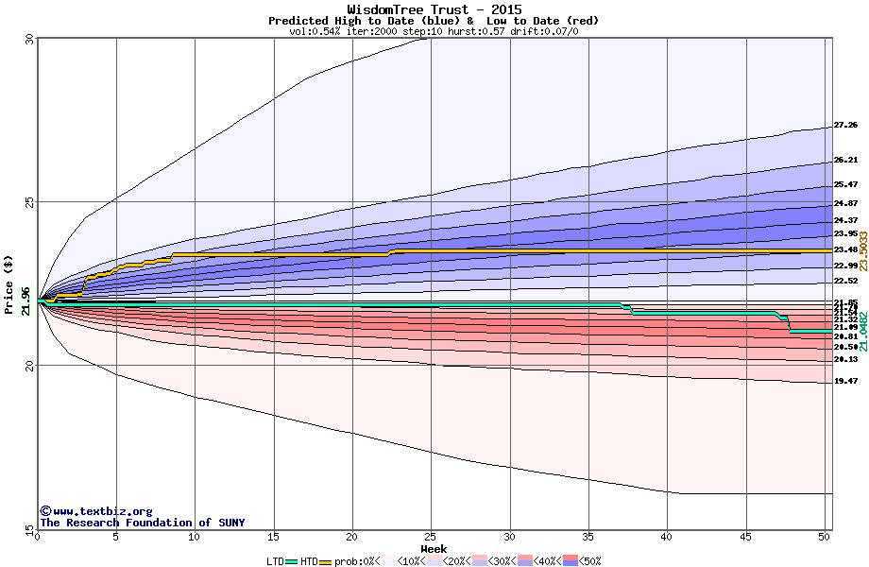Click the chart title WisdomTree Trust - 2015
click(434, 9)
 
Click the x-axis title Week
click(434, 549)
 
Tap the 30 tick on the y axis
click(28, 40)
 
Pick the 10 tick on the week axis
click(195, 537)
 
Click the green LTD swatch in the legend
click(292, 561)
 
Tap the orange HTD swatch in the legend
click(326, 561)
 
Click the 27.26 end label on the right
click(845, 125)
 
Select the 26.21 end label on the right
click(845, 161)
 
